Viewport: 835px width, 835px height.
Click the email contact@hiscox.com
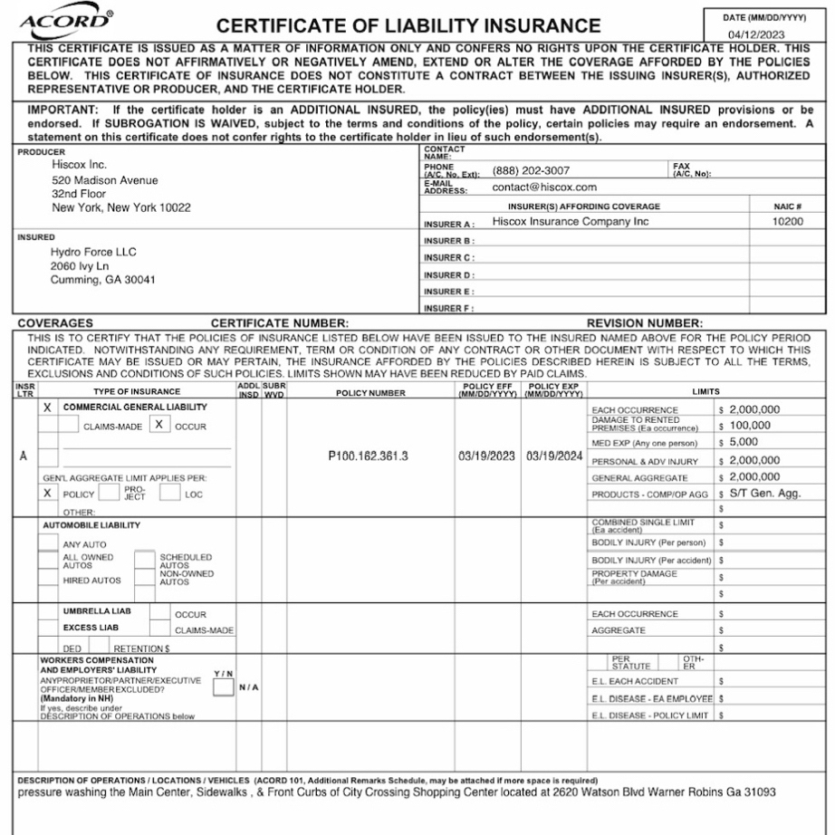(x=544, y=187)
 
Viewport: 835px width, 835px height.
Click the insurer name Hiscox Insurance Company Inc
(x=571, y=221)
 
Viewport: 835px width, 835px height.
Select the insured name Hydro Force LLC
(x=94, y=252)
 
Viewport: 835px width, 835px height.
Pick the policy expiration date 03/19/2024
(x=553, y=456)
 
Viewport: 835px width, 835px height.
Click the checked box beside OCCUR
(x=159, y=424)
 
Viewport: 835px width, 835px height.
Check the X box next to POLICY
(x=48, y=494)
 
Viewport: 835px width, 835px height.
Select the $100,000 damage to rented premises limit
(x=750, y=426)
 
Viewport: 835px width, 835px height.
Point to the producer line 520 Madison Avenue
(x=105, y=179)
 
